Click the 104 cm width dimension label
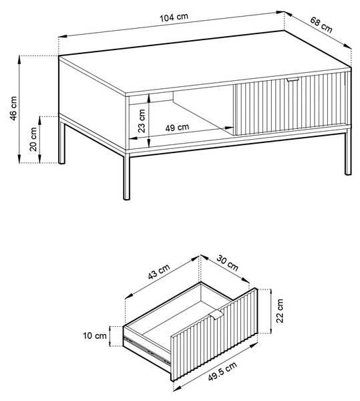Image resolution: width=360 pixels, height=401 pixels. click(x=174, y=17)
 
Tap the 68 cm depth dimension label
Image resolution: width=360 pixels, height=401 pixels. click(x=321, y=25)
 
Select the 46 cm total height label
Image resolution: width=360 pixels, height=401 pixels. click(x=13, y=108)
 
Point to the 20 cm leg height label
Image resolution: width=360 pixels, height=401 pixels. click(x=33, y=140)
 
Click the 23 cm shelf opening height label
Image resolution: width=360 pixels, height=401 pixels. click(x=142, y=121)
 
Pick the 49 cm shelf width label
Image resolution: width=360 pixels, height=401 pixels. click(x=177, y=127)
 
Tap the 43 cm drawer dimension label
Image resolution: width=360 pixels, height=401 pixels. click(x=159, y=271)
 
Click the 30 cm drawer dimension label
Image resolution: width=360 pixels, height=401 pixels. click(x=227, y=263)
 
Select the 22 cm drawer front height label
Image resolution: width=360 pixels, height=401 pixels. click(x=280, y=311)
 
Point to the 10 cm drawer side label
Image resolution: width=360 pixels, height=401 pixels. click(x=95, y=336)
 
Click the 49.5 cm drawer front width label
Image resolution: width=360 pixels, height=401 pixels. click(x=222, y=372)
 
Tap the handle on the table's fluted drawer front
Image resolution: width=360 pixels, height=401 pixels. click(x=293, y=80)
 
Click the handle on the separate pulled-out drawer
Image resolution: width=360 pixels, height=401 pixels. click(x=216, y=315)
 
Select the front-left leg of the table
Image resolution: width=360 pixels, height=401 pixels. click(x=126, y=176)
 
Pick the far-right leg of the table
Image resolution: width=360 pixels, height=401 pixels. click(x=348, y=152)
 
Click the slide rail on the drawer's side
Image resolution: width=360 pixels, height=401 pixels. click(x=147, y=350)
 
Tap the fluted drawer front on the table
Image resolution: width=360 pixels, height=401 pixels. click(x=292, y=103)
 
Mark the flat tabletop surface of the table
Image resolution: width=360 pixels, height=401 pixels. click(x=204, y=63)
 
